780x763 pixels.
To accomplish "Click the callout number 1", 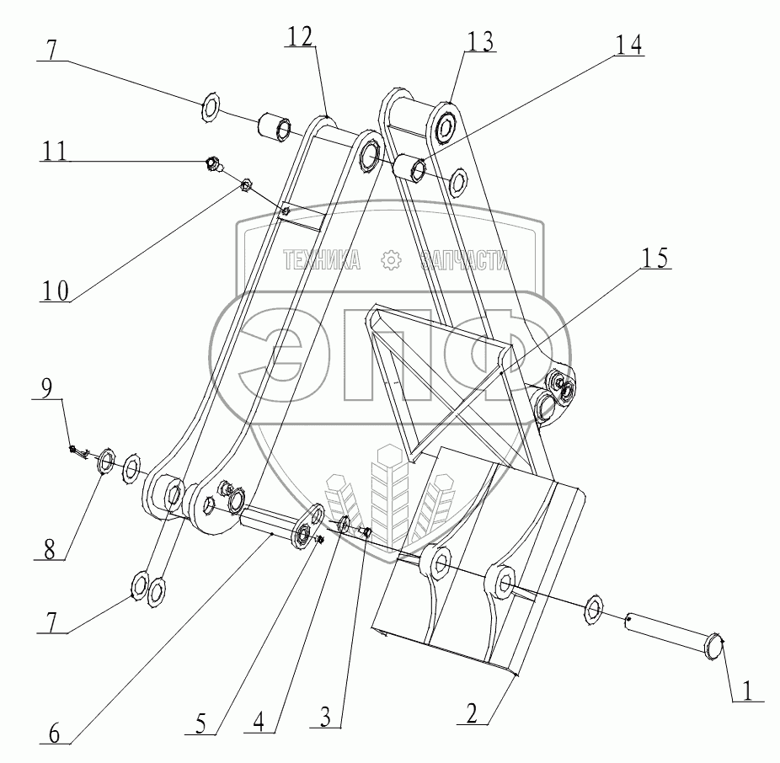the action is [746, 690].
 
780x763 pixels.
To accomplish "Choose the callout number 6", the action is [53, 733].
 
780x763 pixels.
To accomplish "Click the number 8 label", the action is [50, 547].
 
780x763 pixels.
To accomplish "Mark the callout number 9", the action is [48, 388].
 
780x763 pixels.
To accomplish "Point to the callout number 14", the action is [627, 45].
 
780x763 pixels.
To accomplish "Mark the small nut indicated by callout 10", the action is [248, 184].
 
